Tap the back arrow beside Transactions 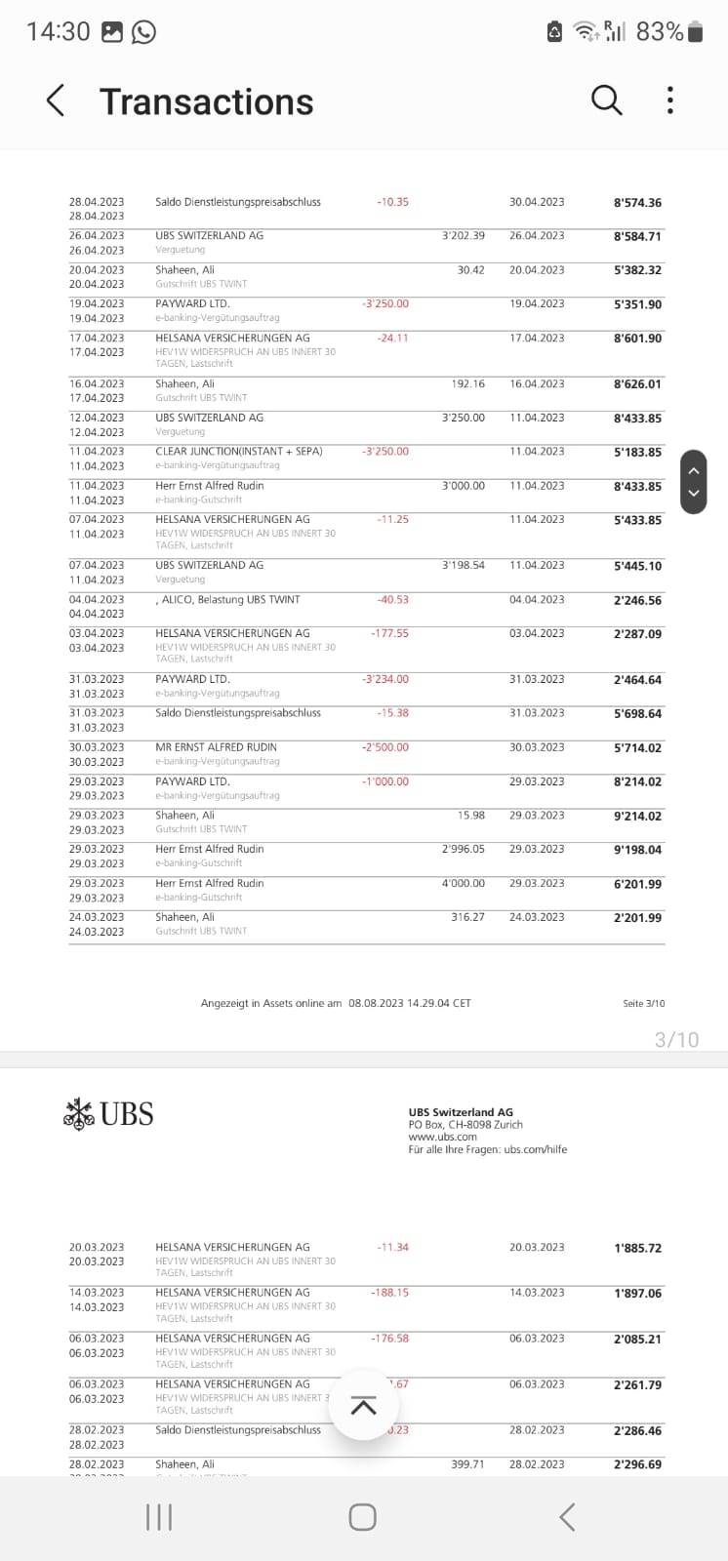coord(56,100)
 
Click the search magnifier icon coord(606,100)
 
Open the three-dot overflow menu coord(669,100)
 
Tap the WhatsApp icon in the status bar coord(143,32)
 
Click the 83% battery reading coord(660,32)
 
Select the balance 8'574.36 coord(637,203)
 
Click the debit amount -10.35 coord(392,202)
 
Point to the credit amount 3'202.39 coord(463,236)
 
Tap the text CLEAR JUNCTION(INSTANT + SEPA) coord(238,452)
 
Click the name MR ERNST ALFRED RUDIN coord(216,747)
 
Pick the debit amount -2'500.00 coord(385,747)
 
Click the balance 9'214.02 coord(637,816)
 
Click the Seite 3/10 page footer coord(643,1003)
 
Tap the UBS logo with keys coord(108,1113)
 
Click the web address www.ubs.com coord(442,1137)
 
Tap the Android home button coord(362,1516)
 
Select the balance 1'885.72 coord(637,1248)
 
